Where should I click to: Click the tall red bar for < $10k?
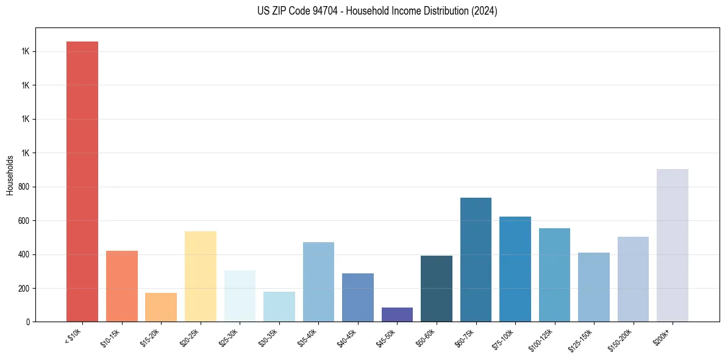coord(82,181)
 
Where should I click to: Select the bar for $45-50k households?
coord(397,314)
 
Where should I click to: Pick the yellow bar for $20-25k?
coord(200,276)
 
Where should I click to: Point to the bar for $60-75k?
coord(476,259)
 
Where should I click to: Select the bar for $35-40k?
coord(318,282)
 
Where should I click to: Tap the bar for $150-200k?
coord(633,279)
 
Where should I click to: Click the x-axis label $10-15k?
coord(111,337)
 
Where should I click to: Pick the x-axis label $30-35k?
coord(268,337)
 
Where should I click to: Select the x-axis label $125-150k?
coord(582,339)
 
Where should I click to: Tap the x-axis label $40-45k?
coord(347,337)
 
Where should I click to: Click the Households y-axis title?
coord(10,175)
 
